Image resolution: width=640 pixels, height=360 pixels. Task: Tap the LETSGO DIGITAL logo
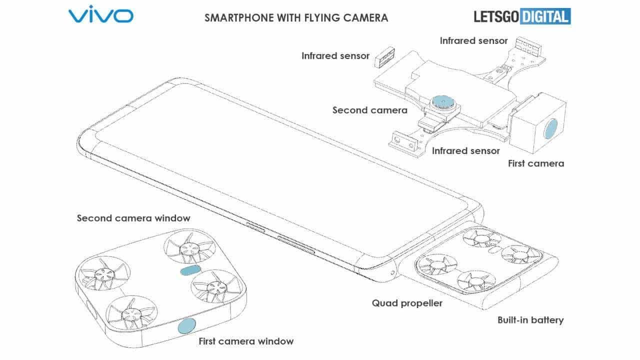pyautogui.click(x=522, y=16)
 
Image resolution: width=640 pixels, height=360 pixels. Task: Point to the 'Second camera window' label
pyautogui.click(x=133, y=218)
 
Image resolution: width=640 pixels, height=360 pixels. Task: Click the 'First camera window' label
pyautogui.click(x=246, y=341)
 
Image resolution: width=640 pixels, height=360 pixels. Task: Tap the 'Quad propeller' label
pyautogui.click(x=407, y=302)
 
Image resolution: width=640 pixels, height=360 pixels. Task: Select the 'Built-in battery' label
pyautogui.click(x=530, y=319)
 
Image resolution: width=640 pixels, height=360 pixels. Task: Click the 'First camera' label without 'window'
pyautogui.click(x=535, y=163)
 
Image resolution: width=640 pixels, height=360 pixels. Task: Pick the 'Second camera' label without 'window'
pyautogui.click(x=370, y=110)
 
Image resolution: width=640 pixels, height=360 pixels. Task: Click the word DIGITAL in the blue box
pyautogui.click(x=544, y=16)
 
